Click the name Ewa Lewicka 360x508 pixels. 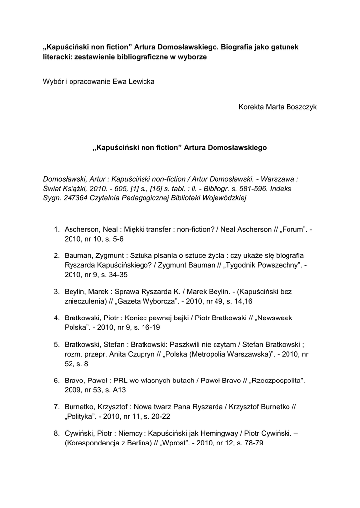click(135, 81)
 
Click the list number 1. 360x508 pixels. click(57, 229)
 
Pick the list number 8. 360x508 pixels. click(57, 433)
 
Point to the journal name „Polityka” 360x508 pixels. click(80, 416)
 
